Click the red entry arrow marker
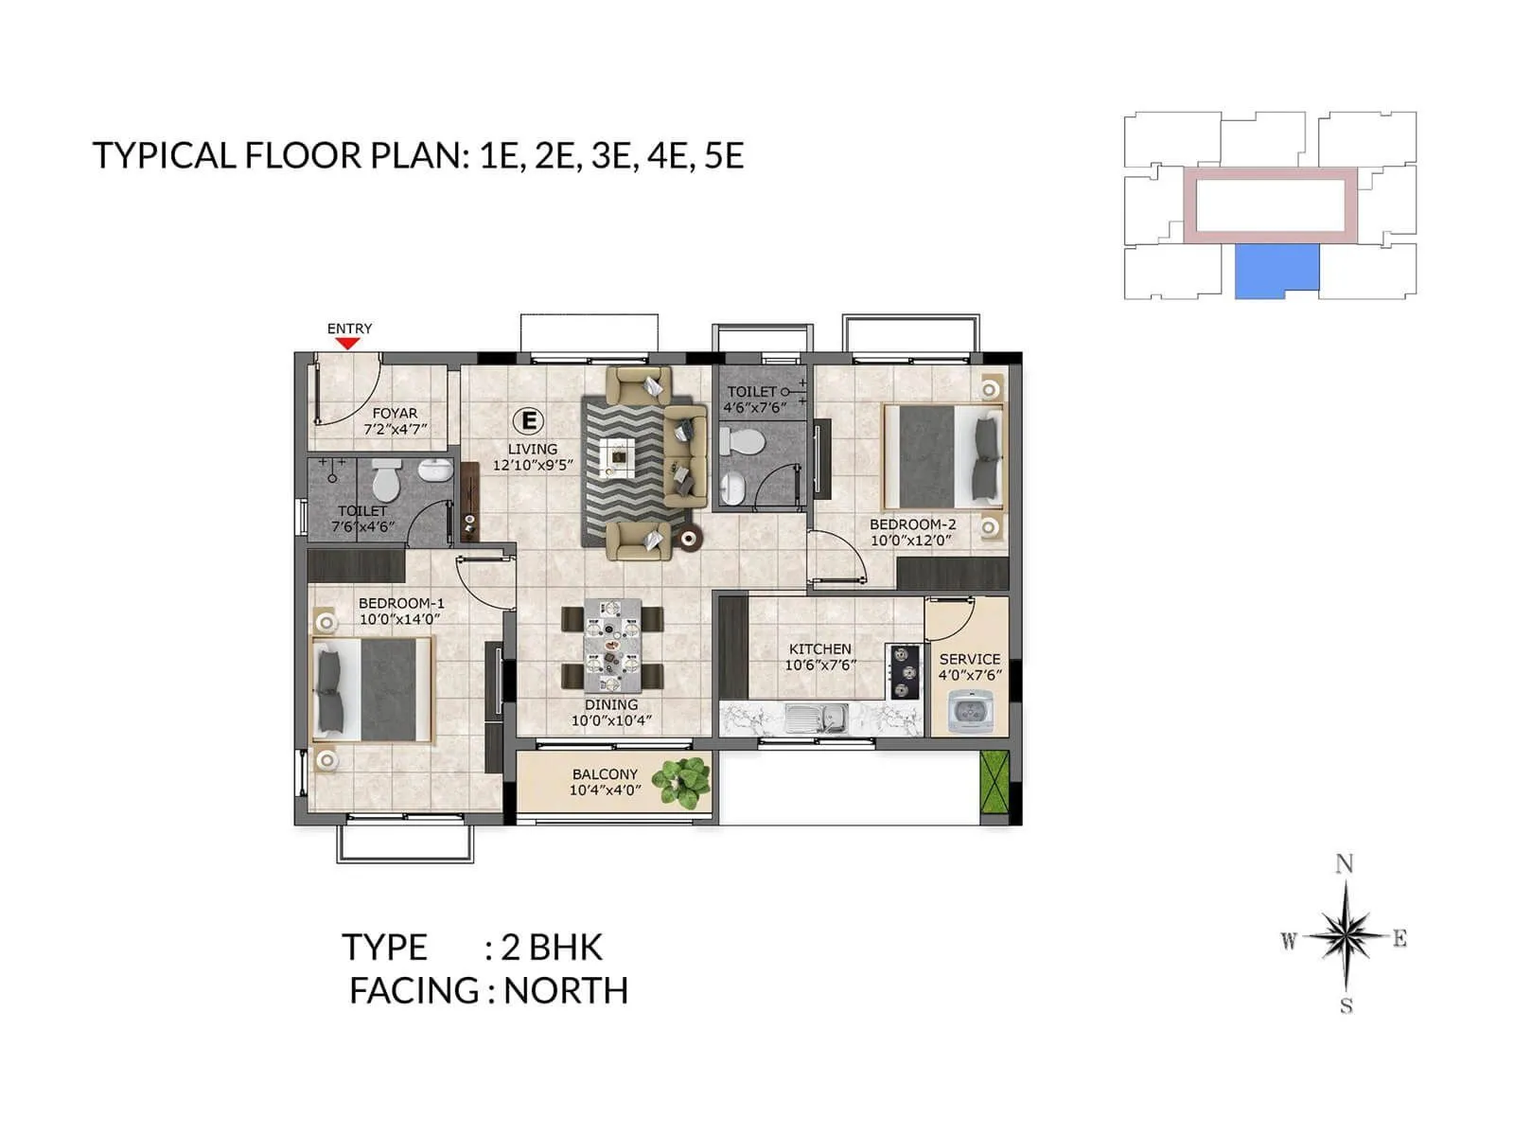pos(348,344)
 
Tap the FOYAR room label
pos(395,414)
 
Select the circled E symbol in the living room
pos(529,419)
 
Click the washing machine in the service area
pos(969,711)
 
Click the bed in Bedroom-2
pos(942,456)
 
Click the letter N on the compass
pos(1344,863)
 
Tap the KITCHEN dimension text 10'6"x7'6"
pos(820,666)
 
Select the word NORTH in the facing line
pos(566,991)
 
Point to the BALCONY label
pos(605,774)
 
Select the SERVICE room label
pos(970,659)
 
